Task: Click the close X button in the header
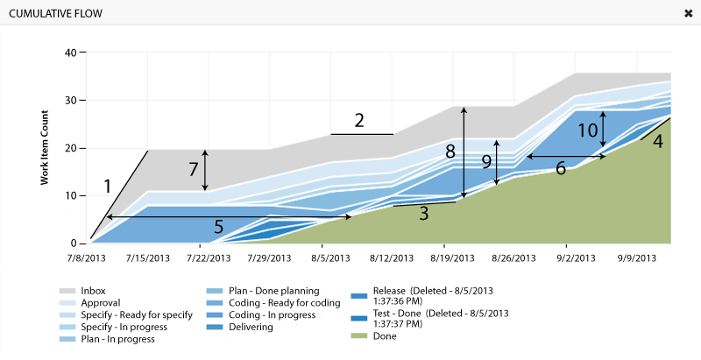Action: pos(688,13)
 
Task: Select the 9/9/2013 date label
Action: pos(637,258)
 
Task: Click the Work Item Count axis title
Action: pos(44,148)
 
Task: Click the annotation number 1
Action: pos(107,186)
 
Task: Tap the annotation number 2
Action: pos(359,121)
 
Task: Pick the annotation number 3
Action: pos(423,213)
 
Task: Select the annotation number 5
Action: pos(218,227)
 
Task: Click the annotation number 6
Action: pos(560,168)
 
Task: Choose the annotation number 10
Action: pos(590,129)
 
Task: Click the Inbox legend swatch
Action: pos(67,291)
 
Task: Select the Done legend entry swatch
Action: pos(358,335)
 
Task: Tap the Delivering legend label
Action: pos(251,327)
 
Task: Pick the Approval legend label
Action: pos(100,302)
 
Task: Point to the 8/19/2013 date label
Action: pos(454,258)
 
